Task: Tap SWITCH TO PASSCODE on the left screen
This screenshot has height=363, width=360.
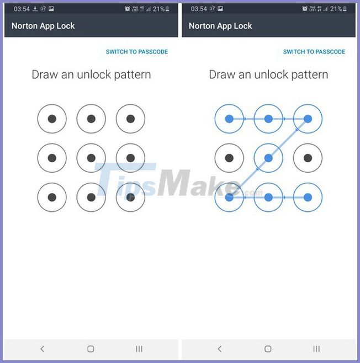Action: pyautogui.click(x=136, y=52)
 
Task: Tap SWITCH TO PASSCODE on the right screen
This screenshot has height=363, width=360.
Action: pyautogui.click(x=314, y=52)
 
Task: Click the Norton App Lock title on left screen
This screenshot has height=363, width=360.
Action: pyautogui.click(x=43, y=26)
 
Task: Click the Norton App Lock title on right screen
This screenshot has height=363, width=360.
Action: pyautogui.click(x=220, y=26)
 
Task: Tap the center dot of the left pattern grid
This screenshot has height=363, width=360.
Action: pyautogui.click(x=91, y=158)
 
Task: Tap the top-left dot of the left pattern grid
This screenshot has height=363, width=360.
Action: pyautogui.click(x=52, y=119)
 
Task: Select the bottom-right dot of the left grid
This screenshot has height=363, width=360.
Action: pyautogui.click(x=130, y=197)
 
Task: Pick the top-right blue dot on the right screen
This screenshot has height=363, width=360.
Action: pyautogui.click(x=308, y=119)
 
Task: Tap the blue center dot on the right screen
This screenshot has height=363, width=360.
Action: pyautogui.click(x=268, y=158)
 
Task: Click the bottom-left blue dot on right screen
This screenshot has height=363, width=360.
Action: pyautogui.click(x=229, y=197)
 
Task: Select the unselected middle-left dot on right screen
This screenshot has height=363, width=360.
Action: pyautogui.click(x=229, y=158)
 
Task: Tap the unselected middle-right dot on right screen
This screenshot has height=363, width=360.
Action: pyautogui.click(x=308, y=158)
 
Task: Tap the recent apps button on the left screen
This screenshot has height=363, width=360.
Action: pyautogui.click(x=139, y=349)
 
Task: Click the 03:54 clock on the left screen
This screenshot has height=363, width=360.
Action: pyautogui.click(x=21, y=9)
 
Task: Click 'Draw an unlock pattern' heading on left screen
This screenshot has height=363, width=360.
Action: pyautogui.click(x=91, y=74)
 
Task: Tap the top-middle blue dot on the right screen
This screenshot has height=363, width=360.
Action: pyautogui.click(x=268, y=119)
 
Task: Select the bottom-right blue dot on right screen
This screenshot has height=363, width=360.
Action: pyautogui.click(x=308, y=197)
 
